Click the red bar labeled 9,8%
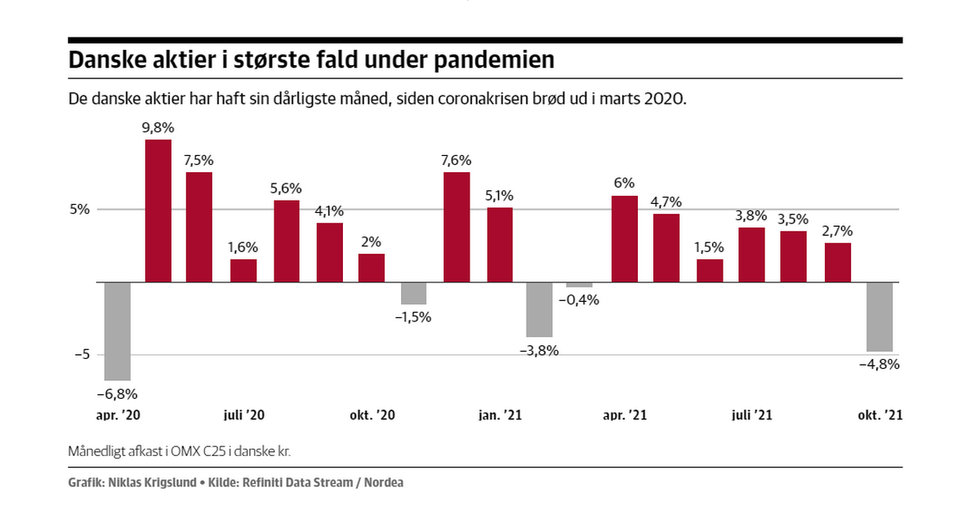pos(158,210)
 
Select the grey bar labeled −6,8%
pos(117,330)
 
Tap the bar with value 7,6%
pos(457,227)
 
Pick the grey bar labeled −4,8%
pos(880,317)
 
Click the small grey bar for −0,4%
pos(579,285)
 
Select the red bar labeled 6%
pos(624,238)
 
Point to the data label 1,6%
pos(243,247)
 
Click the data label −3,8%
pos(539,350)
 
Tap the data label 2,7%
pos(837,231)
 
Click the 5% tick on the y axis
pos(79,209)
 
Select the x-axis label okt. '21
pos(880,415)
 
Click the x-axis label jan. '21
pos(499,415)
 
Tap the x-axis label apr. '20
pos(118,415)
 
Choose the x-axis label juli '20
pos(243,415)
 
